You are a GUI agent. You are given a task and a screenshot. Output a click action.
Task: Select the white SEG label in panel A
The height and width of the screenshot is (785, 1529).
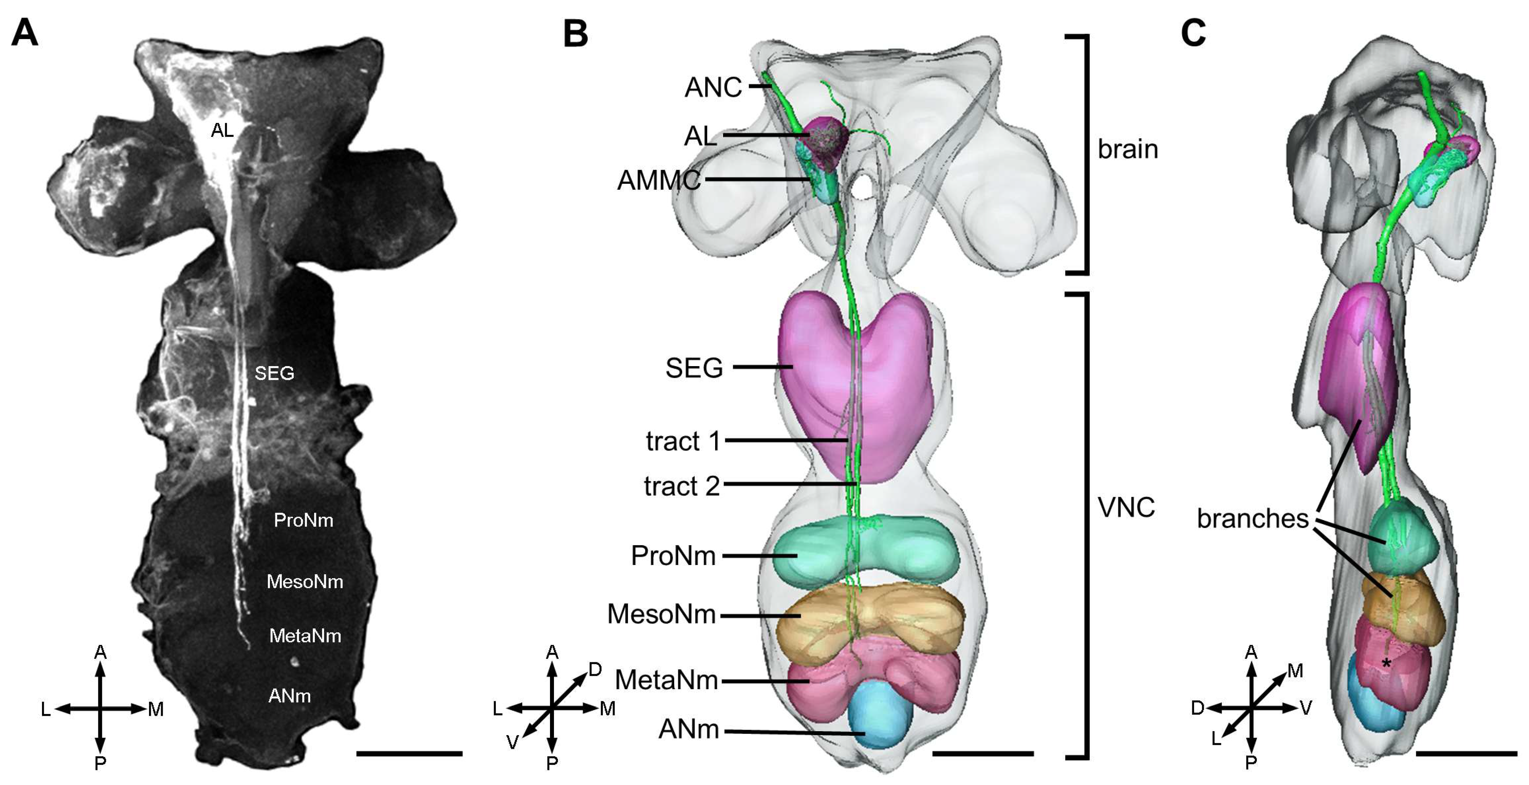click(x=274, y=373)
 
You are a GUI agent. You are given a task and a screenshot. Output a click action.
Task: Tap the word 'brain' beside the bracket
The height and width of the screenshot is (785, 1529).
click(x=1128, y=149)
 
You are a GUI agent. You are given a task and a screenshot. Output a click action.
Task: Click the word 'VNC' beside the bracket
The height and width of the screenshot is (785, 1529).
click(x=1126, y=508)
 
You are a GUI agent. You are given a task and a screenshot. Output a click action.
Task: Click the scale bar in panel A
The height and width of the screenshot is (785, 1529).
click(x=409, y=753)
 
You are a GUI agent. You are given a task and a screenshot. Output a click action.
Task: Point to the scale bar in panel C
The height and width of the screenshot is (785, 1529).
click(x=1466, y=753)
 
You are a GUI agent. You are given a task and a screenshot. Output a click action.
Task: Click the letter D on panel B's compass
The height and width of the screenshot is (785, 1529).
click(x=595, y=670)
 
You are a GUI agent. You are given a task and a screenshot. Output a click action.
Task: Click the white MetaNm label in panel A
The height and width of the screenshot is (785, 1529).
click(x=305, y=636)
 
